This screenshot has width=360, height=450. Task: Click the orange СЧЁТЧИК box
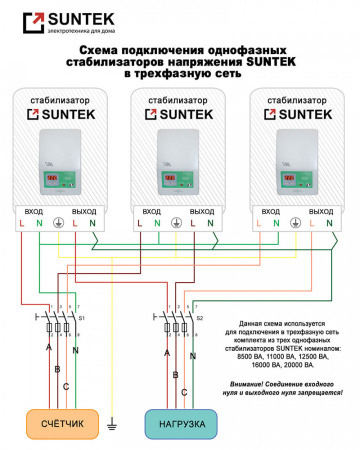(62, 424)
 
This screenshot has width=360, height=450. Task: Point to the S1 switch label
(82, 317)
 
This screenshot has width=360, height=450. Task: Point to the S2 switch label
(200, 317)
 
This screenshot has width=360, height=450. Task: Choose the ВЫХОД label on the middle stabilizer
(202, 212)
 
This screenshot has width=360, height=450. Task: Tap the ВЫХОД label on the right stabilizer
(321, 212)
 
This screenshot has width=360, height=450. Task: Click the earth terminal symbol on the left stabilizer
(58, 225)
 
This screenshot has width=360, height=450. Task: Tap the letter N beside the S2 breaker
(195, 351)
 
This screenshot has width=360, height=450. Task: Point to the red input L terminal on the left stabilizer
(22, 225)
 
